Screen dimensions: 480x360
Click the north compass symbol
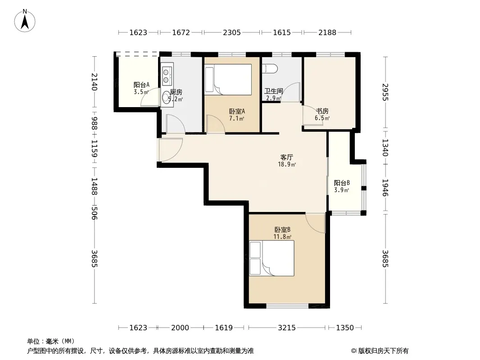click(x=25, y=21)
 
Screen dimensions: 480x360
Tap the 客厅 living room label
click(x=286, y=157)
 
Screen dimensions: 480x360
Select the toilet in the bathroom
click(x=270, y=69)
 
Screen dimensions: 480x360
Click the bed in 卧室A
click(x=228, y=80)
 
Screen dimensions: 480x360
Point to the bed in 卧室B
click(x=272, y=258)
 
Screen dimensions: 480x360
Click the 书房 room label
click(x=322, y=111)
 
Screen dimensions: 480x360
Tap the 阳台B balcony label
click(x=342, y=183)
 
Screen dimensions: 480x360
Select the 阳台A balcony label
click(x=141, y=85)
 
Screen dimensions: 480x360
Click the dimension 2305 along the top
click(x=232, y=32)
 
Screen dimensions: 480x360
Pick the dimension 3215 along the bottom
click(x=286, y=328)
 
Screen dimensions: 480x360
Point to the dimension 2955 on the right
click(x=385, y=92)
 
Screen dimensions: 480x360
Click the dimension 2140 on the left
click(x=94, y=81)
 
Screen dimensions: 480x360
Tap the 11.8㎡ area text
click(x=282, y=236)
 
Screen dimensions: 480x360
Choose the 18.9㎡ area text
click(x=286, y=165)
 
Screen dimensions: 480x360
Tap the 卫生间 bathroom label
click(x=274, y=91)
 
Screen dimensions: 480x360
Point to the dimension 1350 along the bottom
click(x=345, y=328)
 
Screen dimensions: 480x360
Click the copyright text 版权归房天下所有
click(x=383, y=351)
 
